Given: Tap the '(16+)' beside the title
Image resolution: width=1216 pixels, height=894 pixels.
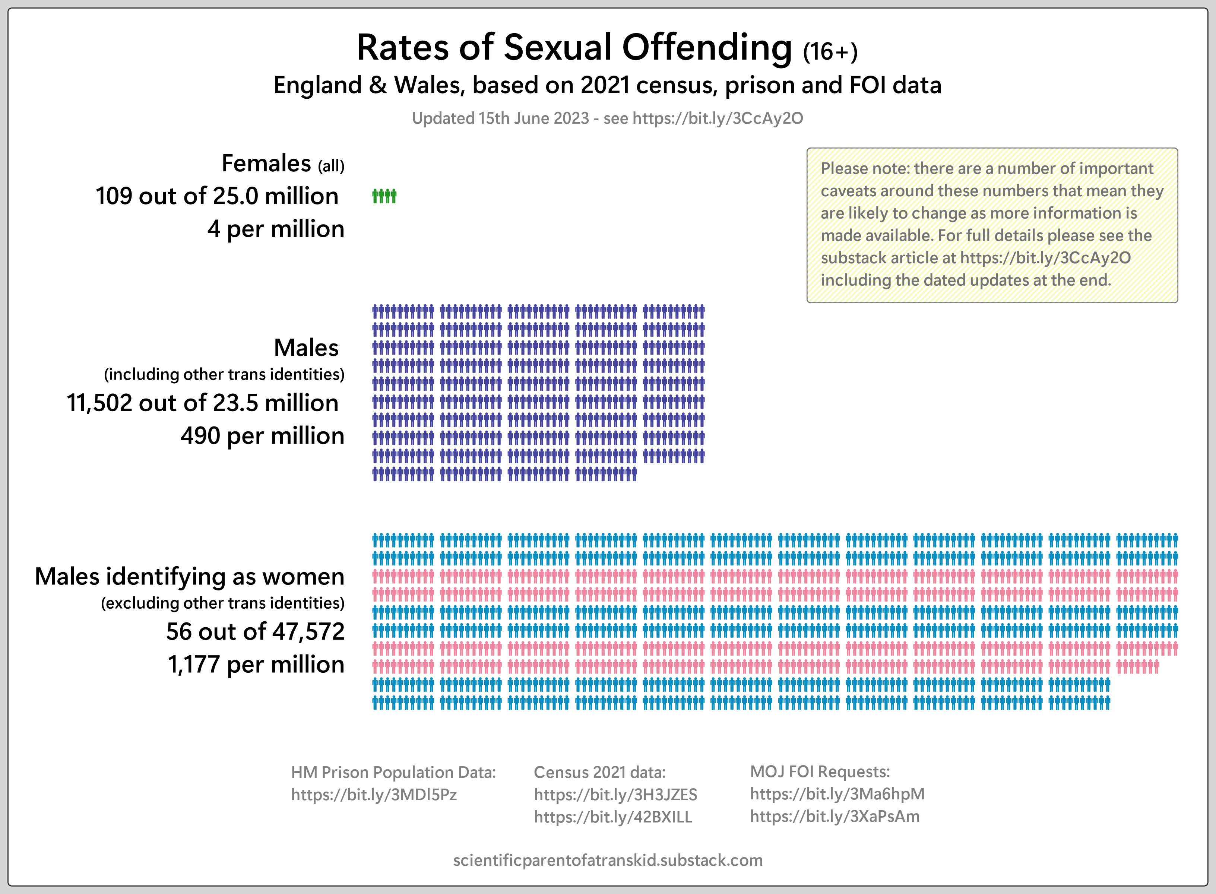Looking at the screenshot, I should pos(830,52).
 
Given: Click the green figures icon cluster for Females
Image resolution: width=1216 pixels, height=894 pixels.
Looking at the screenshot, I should pos(384,196).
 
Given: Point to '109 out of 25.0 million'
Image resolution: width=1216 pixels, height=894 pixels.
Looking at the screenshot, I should pos(217,196).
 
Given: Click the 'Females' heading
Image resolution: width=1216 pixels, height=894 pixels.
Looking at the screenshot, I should pos(266,164).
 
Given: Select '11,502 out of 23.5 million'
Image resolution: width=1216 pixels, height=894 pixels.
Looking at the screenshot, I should pos(202,403).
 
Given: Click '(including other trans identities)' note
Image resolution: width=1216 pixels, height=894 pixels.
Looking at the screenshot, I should pos(224,374).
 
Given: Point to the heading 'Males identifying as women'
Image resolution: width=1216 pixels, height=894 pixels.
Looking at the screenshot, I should pos(189,576).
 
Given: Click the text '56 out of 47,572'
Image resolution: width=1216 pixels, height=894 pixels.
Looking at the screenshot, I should pos(255,631).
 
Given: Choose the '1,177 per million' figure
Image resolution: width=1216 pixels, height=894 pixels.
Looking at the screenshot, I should pos(256,665).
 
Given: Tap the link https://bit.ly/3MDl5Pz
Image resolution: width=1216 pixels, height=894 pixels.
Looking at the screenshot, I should pos(374,795).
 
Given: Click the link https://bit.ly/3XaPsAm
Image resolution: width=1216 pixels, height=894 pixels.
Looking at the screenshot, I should pos(835,816).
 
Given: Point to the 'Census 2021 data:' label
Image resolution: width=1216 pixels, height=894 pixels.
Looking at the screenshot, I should pos(599,772).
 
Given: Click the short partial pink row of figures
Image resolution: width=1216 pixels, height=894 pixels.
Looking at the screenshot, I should pos(1137,667).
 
